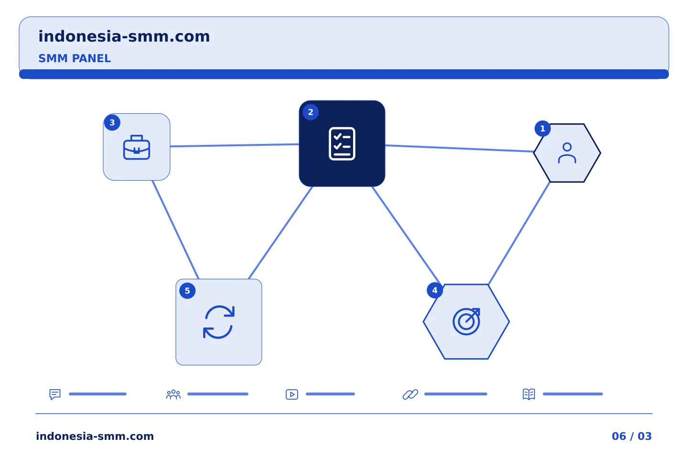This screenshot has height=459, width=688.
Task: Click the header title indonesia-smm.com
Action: click(x=124, y=37)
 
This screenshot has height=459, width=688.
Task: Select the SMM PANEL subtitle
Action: click(x=75, y=58)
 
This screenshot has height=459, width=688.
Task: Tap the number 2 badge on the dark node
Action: click(x=311, y=112)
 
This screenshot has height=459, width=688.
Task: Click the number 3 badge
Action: click(x=112, y=123)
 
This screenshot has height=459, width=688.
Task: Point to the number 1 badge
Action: click(x=543, y=129)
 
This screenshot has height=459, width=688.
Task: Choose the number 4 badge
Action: click(x=435, y=290)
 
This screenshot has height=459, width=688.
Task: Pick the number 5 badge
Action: click(x=187, y=291)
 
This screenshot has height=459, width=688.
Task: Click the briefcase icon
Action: click(x=137, y=147)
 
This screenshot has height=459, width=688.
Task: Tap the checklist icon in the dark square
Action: click(x=342, y=143)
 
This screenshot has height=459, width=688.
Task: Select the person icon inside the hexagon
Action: click(x=567, y=153)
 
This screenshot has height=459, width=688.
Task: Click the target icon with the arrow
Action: click(x=466, y=321)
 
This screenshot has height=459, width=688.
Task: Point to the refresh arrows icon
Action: click(x=219, y=322)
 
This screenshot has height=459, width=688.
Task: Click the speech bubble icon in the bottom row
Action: click(x=55, y=394)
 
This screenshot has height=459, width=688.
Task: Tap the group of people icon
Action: click(x=173, y=394)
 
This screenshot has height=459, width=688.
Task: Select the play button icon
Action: click(x=292, y=394)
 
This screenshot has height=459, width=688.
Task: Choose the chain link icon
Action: click(x=410, y=394)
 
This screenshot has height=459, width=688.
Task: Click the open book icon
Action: click(x=529, y=394)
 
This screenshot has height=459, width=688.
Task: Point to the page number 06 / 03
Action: click(x=632, y=436)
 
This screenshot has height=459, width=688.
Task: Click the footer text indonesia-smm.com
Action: click(x=95, y=436)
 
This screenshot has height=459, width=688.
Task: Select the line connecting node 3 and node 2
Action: click(x=235, y=145)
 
